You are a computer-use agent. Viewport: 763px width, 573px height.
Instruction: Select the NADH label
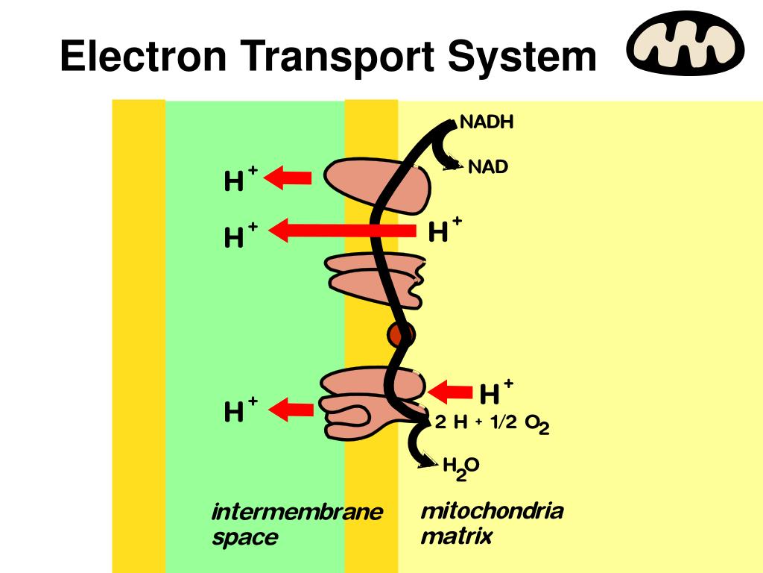tap(487, 122)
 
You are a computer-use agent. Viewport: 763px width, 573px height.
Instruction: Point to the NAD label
tap(488, 167)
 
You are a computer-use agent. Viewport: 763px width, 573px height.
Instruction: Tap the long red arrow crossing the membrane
tap(342, 231)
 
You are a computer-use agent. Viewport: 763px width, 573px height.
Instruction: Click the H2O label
tap(460, 468)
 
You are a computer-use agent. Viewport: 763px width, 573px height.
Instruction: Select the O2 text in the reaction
tap(536, 424)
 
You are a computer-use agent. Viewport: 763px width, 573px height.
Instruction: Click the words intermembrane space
tap(297, 525)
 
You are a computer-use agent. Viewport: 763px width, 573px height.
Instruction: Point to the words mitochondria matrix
tap(492, 523)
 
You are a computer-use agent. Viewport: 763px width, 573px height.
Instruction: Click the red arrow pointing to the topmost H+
tap(288, 177)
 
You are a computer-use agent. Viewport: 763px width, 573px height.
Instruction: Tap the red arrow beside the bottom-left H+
tap(290, 408)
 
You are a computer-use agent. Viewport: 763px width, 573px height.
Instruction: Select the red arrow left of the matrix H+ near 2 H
tap(452, 390)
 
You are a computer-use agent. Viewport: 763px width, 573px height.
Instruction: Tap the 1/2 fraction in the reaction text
tap(504, 422)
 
